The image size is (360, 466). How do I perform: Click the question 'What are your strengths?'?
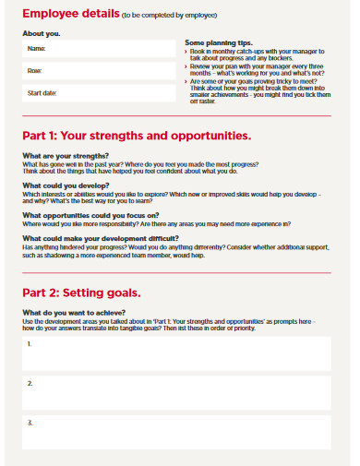[x=66, y=156]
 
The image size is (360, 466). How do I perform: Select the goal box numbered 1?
[x=175, y=352]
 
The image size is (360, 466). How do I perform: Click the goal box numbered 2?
[x=175, y=392]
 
